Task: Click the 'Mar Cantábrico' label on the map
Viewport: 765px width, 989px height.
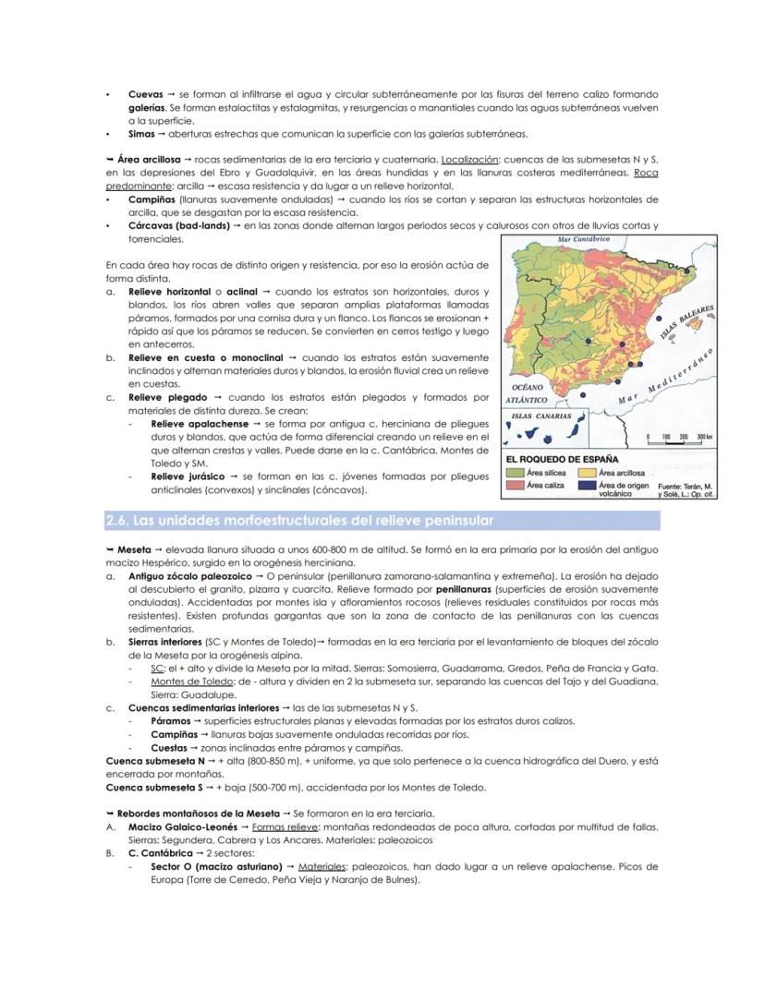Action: point(585,239)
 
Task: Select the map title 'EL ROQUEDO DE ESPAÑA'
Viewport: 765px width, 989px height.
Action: point(561,459)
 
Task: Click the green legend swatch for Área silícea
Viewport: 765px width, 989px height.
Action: point(515,473)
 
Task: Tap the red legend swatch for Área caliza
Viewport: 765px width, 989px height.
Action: point(515,486)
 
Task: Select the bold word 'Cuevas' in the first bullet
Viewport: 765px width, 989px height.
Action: point(145,94)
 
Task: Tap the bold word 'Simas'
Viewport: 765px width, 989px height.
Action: point(142,133)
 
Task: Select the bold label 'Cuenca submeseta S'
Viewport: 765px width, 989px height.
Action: point(153,788)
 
